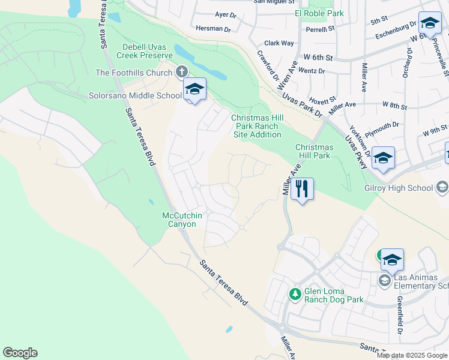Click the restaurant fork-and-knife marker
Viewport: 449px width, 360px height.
(302, 188)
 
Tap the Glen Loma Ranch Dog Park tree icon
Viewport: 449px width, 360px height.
(295, 293)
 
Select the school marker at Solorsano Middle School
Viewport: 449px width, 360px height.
(194, 89)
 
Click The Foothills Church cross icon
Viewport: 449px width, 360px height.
(181, 73)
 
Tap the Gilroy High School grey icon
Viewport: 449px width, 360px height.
(442, 188)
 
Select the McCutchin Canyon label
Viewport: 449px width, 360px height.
(179, 220)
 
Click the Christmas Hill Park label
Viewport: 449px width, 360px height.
(314, 151)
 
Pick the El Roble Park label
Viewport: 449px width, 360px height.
(319, 13)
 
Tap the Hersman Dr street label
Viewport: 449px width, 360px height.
(214, 29)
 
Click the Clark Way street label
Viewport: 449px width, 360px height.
(279, 43)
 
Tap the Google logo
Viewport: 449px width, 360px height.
(20, 353)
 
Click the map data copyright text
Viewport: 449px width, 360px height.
(412, 355)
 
